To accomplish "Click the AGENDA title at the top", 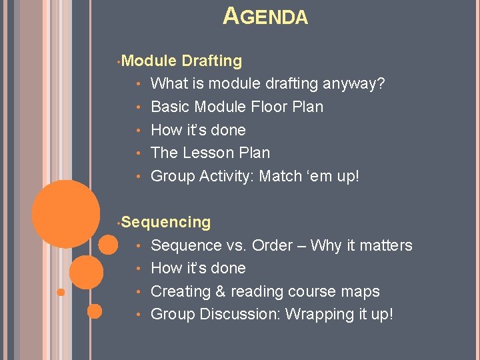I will [x=265, y=17].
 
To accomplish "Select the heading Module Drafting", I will [x=182, y=61].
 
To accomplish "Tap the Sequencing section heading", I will [x=166, y=222].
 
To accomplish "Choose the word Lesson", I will [x=211, y=153].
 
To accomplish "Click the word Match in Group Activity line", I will [x=279, y=176].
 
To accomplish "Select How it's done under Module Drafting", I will [x=198, y=130].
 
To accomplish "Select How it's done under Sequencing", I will [x=198, y=268].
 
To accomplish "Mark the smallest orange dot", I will [x=61, y=292].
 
